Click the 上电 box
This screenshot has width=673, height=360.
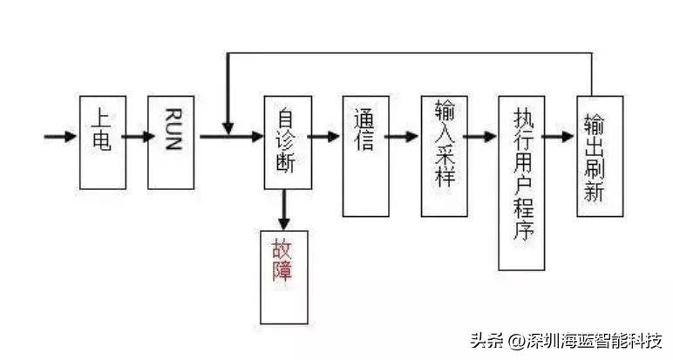pos(102,142)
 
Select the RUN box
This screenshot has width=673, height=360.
pos(171,142)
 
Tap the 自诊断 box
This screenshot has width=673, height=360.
pos(287,142)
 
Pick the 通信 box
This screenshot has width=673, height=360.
pos(365,155)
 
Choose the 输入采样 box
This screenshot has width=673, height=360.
pos(444,155)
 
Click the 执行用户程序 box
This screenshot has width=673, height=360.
pos(521,182)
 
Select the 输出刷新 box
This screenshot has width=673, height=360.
pos(600,156)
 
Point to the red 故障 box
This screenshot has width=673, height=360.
pos(284,276)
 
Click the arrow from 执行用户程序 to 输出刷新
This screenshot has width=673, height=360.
pos(560,137)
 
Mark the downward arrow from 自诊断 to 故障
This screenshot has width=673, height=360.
pos(284,210)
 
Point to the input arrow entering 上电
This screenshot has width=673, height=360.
pos(61,137)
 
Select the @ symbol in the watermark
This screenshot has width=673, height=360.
pos(517,340)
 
